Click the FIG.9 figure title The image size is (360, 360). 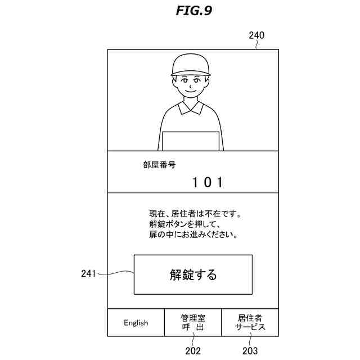tap(193, 11)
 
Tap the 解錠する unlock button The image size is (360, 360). tap(193, 274)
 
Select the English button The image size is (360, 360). tap(136, 323)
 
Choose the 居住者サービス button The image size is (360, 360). tap(250, 323)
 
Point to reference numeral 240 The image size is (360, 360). tap(256, 35)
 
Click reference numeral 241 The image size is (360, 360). tap(89, 274)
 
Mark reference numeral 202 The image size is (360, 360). tap(193, 351)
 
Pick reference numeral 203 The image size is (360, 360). tap(250, 351)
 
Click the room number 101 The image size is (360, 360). tap(208, 182)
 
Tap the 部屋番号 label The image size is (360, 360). tap(159, 165)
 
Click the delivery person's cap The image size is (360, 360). tap(191, 65)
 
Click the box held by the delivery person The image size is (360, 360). tap(190, 141)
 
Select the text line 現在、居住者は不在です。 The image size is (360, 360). tap(195, 214)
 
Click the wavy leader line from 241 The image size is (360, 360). tap(116, 274)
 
